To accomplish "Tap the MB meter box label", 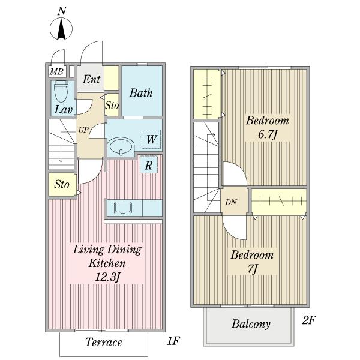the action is click(56, 72).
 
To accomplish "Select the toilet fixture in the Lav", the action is click(61, 91).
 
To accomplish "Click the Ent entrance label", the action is click(91, 79).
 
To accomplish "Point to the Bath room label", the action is click(141, 93).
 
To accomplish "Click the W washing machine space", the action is click(151, 139).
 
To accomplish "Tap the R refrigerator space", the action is click(149, 164).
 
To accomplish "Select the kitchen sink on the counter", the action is click(123, 208).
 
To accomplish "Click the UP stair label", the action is click(83, 130).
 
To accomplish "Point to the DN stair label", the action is click(231, 202).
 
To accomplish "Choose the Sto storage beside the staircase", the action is click(62, 185).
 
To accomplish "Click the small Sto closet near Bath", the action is click(112, 105).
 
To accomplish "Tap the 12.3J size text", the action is click(107, 277).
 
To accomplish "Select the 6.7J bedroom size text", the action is click(268, 134).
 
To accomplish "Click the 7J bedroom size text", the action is click(253, 269).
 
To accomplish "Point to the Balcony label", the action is click(251, 324).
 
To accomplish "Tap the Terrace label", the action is click(104, 342).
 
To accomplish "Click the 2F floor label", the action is click(309, 320).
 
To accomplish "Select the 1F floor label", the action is click(173, 341).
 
